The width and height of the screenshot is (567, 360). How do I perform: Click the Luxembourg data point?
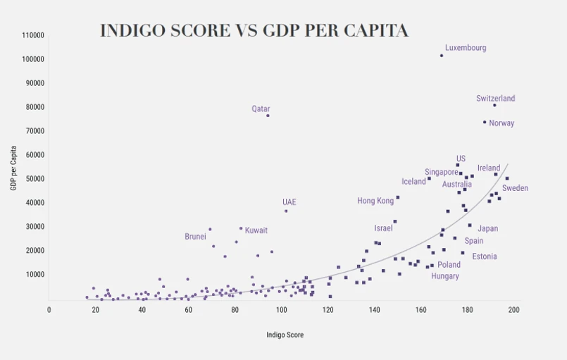click(x=442, y=56)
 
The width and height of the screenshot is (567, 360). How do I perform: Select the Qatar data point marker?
click(x=268, y=116)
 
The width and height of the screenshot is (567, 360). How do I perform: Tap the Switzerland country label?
click(x=495, y=99)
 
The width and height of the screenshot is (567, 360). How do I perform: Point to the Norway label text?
click(x=501, y=123)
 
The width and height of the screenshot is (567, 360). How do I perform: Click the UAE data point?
click(x=286, y=211)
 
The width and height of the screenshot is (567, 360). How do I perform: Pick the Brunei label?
click(x=195, y=237)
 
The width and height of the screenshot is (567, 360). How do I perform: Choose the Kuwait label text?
click(x=256, y=230)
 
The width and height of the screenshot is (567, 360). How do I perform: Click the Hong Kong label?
click(x=375, y=201)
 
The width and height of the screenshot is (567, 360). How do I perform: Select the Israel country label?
click(x=383, y=228)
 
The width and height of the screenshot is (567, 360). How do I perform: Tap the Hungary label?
click(x=445, y=276)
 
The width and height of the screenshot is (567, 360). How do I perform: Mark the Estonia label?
click(x=485, y=256)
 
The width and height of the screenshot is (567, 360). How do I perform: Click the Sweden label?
click(x=515, y=188)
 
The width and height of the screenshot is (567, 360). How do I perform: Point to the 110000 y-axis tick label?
click(x=33, y=35)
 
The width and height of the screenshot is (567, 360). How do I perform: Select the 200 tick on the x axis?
click(x=513, y=310)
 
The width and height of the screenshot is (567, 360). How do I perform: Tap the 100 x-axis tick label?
click(x=282, y=310)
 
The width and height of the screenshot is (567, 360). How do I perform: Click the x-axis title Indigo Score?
click(x=285, y=335)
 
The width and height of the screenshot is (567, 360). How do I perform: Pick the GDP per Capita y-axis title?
click(x=13, y=168)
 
